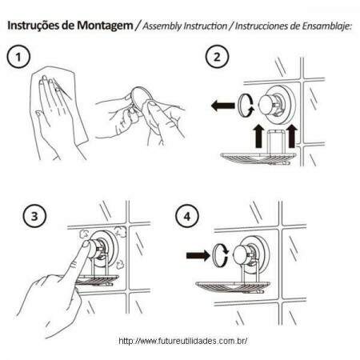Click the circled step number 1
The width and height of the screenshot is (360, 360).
[x=18, y=57]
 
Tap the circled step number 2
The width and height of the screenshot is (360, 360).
[x=217, y=57]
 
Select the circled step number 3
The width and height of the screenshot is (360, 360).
[x=34, y=216]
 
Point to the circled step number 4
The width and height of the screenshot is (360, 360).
[x=187, y=216]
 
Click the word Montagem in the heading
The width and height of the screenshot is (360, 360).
[x=105, y=26]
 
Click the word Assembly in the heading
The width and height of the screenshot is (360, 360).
[x=162, y=26]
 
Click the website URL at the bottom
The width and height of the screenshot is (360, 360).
[x=182, y=341]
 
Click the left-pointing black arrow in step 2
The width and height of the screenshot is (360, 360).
[x=222, y=106]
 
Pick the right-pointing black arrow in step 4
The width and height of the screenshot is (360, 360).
[x=198, y=255]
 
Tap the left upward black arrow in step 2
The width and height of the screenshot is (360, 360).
[x=258, y=136]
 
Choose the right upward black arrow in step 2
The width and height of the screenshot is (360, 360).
[x=292, y=136]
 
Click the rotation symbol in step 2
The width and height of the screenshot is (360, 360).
[x=246, y=105]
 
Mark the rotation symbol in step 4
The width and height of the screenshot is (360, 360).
[x=221, y=255]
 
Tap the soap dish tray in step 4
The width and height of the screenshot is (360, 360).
[x=233, y=287]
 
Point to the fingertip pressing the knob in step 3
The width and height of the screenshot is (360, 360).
[x=86, y=244]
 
